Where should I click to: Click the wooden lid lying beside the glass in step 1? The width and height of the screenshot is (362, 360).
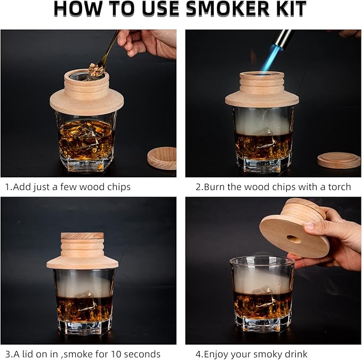(x=162, y=158)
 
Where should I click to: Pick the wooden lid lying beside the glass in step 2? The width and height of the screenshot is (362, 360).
(x=339, y=160)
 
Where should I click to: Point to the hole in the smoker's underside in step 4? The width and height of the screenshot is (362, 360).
(x=294, y=239)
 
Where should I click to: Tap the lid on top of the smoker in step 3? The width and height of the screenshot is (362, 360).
(x=82, y=236)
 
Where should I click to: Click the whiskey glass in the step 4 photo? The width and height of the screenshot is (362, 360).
(x=262, y=298)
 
